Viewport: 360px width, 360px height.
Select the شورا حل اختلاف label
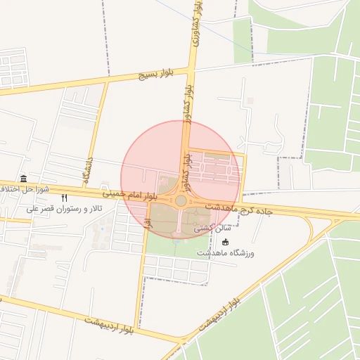[25, 189]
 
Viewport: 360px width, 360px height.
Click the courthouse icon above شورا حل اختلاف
[25, 178]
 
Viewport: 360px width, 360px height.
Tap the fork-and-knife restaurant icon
[65, 198]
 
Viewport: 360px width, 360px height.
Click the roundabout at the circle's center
[181, 201]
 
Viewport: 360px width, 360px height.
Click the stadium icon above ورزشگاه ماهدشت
[225, 242]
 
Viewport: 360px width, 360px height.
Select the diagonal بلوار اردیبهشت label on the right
[223, 310]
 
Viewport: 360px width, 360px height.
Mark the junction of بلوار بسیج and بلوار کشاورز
[191, 69]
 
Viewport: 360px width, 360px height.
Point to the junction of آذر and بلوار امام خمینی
[149, 196]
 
